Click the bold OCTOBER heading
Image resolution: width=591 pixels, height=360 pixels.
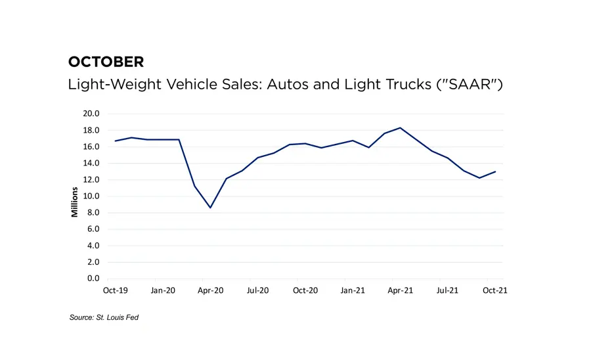(x=106, y=62)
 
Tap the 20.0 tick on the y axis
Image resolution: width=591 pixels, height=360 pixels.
(x=91, y=114)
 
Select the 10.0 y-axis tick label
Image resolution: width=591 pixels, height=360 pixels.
(x=91, y=196)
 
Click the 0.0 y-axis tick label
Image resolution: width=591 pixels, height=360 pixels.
(x=93, y=279)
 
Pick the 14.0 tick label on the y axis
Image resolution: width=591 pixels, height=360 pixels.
(x=91, y=163)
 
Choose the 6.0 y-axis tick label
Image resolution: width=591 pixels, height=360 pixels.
(x=93, y=229)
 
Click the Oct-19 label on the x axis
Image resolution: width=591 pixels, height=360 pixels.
(x=116, y=290)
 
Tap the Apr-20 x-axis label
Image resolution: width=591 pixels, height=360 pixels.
(x=210, y=290)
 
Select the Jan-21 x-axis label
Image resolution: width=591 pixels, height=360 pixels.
(x=353, y=290)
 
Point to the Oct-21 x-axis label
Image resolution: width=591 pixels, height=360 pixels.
(x=495, y=290)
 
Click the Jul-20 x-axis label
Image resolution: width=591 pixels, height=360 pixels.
(x=258, y=290)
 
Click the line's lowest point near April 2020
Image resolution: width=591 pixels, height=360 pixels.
(x=210, y=208)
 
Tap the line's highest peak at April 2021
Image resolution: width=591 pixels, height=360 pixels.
(x=400, y=127)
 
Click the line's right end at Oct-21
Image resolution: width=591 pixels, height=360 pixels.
(x=495, y=171)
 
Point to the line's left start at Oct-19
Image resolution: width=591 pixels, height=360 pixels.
(x=116, y=141)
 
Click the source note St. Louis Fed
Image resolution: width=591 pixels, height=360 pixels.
(x=104, y=318)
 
